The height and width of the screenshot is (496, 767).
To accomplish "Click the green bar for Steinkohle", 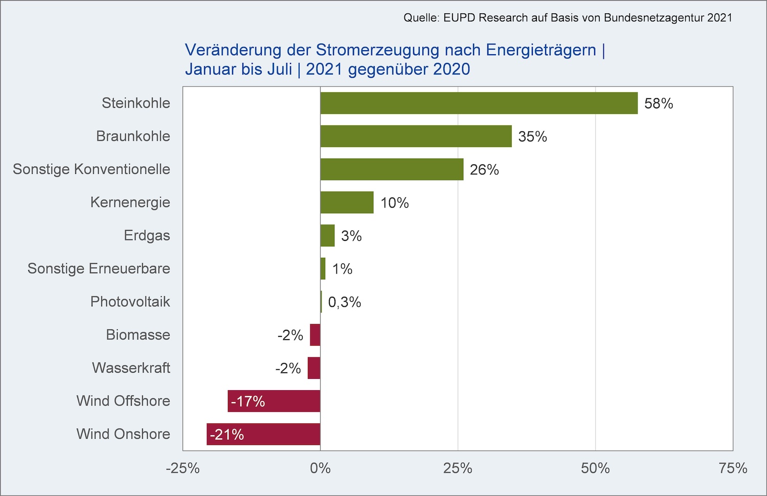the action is pyautogui.click(x=479, y=103).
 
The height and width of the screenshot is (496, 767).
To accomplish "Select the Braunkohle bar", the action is pyautogui.click(x=416, y=136).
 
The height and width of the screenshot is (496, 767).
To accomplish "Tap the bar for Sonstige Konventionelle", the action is pyautogui.click(x=392, y=169).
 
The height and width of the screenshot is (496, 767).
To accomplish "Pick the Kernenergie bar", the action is pyautogui.click(x=347, y=202).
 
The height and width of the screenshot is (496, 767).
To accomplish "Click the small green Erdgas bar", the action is pyautogui.click(x=327, y=236).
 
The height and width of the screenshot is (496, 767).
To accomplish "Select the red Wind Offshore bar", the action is pyautogui.click(x=274, y=401).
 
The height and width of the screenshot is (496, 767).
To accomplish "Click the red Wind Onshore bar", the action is pyautogui.click(x=263, y=434).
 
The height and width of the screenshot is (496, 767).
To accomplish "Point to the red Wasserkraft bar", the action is pyautogui.click(x=314, y=368).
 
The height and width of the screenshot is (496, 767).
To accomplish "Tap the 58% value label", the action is pyautogui.click(x=659, y=103).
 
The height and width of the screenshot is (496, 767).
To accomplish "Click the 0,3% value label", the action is pyautogui.click(x=345, y=302).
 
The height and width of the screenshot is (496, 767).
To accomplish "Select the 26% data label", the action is pyautogui.click(x=484, y=170).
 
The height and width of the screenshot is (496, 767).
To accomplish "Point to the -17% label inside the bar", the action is pyautogui.click(x=248, y=401).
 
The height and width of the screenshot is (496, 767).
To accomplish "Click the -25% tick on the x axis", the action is pyautogui.click(x=183, y=468).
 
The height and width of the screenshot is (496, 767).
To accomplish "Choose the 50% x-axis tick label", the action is pyautogui.click(x=596, y=468).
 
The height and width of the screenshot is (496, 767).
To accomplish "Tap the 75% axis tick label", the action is pyautogui.click(x=733, y=468).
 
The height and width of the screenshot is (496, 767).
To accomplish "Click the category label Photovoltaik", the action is pyautogui.click(x=130, y=302).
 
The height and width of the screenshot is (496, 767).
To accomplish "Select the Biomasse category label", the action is pyautogui.click(x=138, y=334).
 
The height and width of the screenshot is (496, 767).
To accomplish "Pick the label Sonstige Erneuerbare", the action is pyautogui.click(x=99, y=268).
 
